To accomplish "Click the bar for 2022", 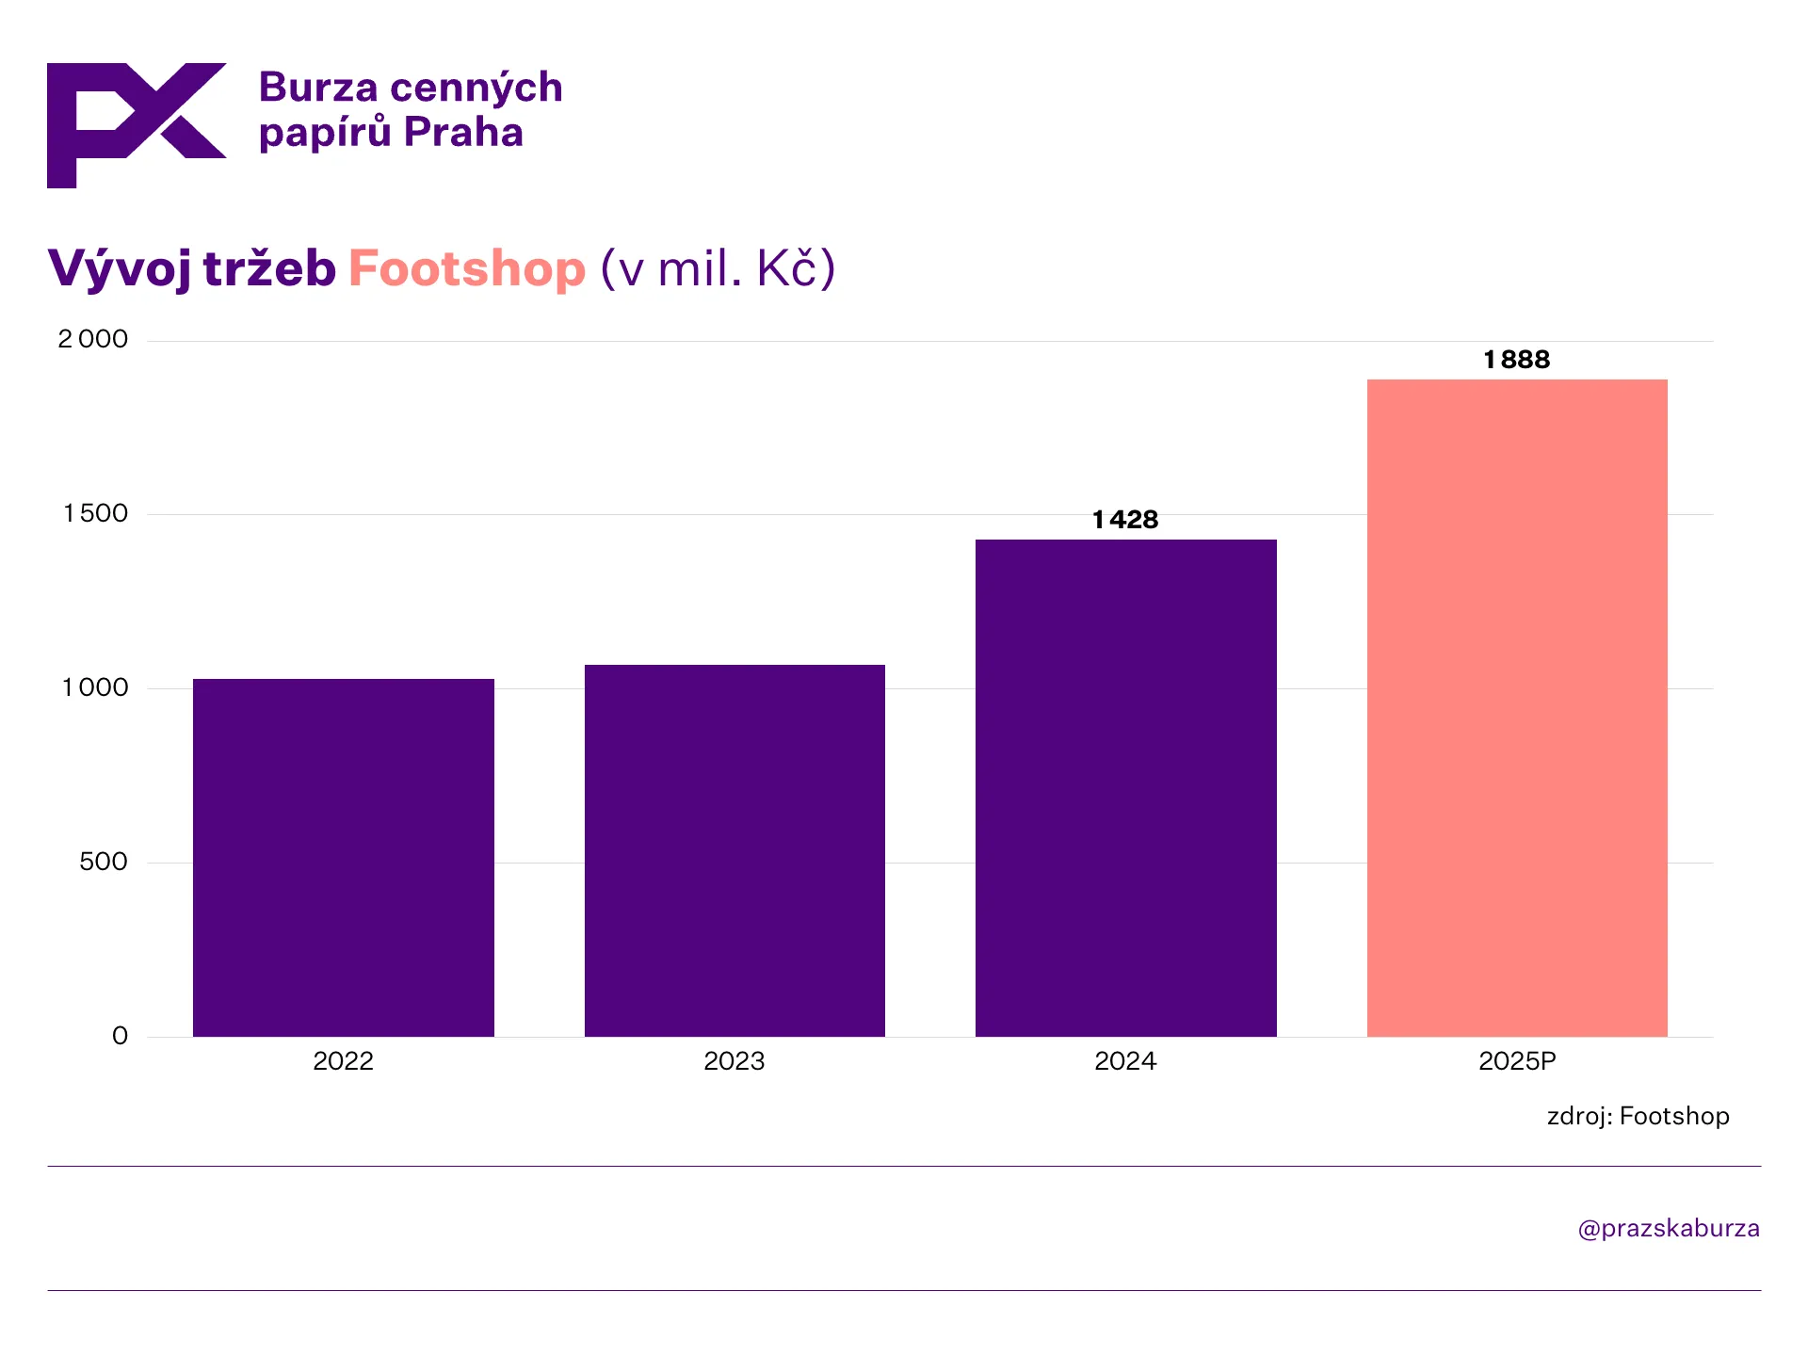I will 343,857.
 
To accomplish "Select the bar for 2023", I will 734,850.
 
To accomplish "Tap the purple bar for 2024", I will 1125,787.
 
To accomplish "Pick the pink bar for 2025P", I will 1517,707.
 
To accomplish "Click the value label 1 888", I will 1516,360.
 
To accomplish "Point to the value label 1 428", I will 1125,520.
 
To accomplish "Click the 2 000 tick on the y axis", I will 93,339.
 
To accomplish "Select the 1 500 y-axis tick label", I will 95,513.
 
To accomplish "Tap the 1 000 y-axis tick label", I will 95,687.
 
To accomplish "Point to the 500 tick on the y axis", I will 104,862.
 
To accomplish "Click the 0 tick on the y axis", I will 120,1036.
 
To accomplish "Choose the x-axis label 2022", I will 343,1061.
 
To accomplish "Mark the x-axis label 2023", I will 734,1061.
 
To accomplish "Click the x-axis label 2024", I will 1125,1061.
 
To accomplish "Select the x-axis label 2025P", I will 1517,1061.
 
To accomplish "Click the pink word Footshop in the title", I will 467,268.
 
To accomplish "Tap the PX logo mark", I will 137,124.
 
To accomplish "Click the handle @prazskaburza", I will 1669,1229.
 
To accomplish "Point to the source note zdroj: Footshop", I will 1638,1116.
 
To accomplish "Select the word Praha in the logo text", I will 463,133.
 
